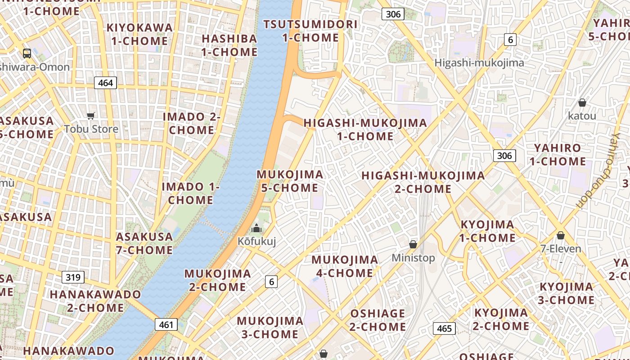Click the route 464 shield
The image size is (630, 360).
105,83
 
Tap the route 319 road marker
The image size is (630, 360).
73,277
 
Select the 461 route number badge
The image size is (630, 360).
166,324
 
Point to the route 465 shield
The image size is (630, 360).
444,328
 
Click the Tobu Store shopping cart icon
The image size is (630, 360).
91,116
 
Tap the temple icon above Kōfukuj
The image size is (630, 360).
256,228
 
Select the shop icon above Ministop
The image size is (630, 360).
413,244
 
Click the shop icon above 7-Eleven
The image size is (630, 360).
561,235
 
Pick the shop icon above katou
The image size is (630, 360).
582,103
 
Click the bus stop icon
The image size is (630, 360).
27,54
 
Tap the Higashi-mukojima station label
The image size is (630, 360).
479,63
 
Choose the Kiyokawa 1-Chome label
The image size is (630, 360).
139,34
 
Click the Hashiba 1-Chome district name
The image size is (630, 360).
229,45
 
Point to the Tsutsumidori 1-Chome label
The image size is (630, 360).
310,31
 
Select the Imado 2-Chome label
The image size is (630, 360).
192,123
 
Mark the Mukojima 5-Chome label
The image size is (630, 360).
290,181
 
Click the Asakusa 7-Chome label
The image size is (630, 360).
144,243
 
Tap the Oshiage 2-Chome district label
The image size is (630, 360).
378,320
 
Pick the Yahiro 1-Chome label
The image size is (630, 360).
558,154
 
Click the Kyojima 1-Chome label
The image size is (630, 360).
487,231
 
